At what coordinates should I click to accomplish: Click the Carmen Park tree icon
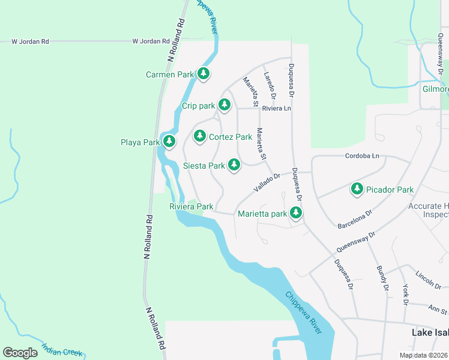(x=203, y=74)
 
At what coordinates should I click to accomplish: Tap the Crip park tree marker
(x=224, y=105)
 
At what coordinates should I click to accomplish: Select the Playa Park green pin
(x=170, y=142)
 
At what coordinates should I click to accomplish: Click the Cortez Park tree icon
(x=200, y=136)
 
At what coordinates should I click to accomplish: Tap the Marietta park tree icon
(x=295, y=213)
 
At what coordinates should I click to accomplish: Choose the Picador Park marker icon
(x=357, y=189)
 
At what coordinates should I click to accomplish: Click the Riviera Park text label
(x=191, y=206)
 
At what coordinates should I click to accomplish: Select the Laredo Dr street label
(x=269, y=85)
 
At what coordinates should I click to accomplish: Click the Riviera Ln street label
(x=276, y=109)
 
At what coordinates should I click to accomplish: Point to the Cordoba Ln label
(x=363, y=156)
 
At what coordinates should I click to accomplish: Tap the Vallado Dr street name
(x=267, y=182)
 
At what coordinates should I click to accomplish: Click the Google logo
(x=20, y=353)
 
